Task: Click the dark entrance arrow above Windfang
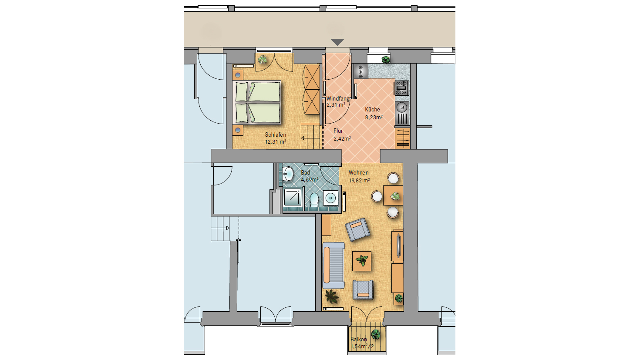[337, 42]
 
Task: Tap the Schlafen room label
[276, 135]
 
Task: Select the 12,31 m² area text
[276, 142]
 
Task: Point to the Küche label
[372, 109]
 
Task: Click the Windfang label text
[338, 98]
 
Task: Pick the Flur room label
[338, 131]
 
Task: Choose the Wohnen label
[359, 172]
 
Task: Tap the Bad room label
[306, 172]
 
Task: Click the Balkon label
[359, 340]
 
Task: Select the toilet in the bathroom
[314, 199]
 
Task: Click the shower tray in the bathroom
[293, 197]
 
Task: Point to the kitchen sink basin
[402, 107]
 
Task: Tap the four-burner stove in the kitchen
[401, 88]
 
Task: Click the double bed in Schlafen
[257, 102]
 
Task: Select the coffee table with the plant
[362, 261]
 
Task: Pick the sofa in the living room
[333, 266]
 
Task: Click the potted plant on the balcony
[375, 334]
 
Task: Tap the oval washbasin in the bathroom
[288, 174]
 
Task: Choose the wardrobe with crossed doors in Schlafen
[312, 90]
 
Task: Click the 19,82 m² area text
[359, 181]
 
